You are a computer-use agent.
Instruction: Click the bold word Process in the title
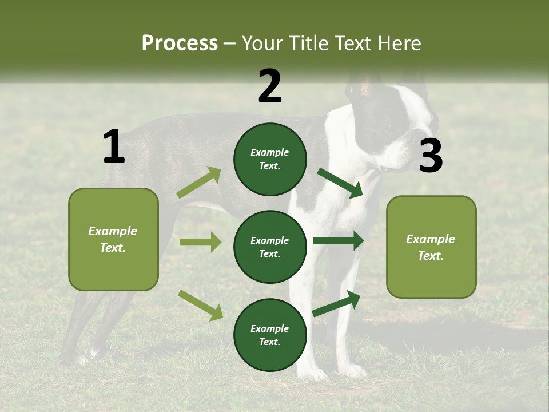coord(180,43)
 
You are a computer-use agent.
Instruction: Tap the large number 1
coord(114,147)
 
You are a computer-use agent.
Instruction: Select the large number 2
coord(270,86)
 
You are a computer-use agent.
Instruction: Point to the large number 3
coord(431,156)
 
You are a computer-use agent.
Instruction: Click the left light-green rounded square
coord(113,239)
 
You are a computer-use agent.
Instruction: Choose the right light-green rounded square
coord(431,247)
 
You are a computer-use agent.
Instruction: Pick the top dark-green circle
coord(270,159)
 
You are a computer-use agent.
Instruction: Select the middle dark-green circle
coord(270,247)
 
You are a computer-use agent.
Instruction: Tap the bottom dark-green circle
coord(270,335)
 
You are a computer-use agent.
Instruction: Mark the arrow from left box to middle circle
coord(200,242)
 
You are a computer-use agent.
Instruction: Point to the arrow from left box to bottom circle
coord(200,304)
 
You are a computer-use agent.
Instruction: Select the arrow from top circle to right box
coord(340,183)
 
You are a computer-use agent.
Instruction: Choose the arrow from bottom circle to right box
coord(336,304)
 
